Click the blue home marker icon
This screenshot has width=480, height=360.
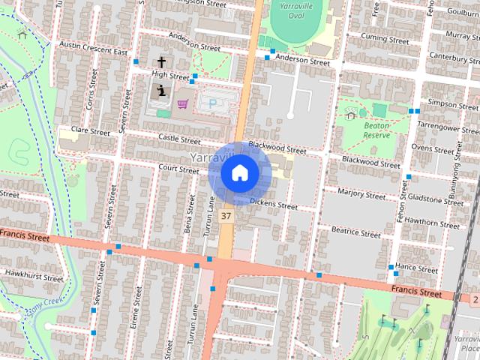point(239,173)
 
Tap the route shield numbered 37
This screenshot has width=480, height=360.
point(226,216)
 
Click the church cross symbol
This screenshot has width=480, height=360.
point(161,62)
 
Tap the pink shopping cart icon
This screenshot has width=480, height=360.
point(182,103)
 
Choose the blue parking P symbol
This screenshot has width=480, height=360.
point(212,103)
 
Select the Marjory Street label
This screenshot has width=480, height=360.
point(361,194)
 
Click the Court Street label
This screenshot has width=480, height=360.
point(178,169)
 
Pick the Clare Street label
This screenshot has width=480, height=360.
point(90,131)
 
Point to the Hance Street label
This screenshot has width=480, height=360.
point(416,268)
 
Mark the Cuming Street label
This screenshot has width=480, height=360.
point(383,37)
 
